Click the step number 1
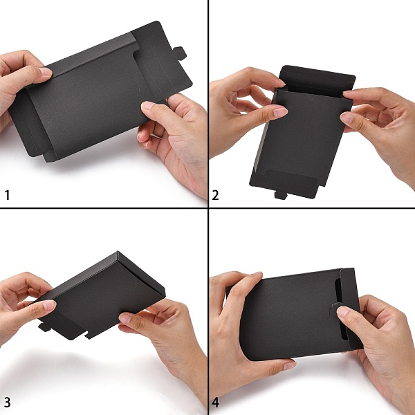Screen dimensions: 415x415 (7, 195)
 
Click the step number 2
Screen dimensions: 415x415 (215, 195)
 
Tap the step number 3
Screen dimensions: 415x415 (7, 403)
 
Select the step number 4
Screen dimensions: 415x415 (215, 403)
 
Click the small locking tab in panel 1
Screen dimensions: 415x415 (181, 53)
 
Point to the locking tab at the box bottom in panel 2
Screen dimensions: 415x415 (281, 195)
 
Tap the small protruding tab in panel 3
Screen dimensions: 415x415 (44, 327)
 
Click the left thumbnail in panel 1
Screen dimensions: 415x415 (45, 71)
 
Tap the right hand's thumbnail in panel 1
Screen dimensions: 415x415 (147, 106)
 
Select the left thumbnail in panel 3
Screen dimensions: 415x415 (49, 305)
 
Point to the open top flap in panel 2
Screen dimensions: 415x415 (317, 79)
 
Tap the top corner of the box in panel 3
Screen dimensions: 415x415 (118, 251)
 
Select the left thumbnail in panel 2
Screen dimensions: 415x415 (280, 111)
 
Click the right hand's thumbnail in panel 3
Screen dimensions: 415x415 (125, 318)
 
